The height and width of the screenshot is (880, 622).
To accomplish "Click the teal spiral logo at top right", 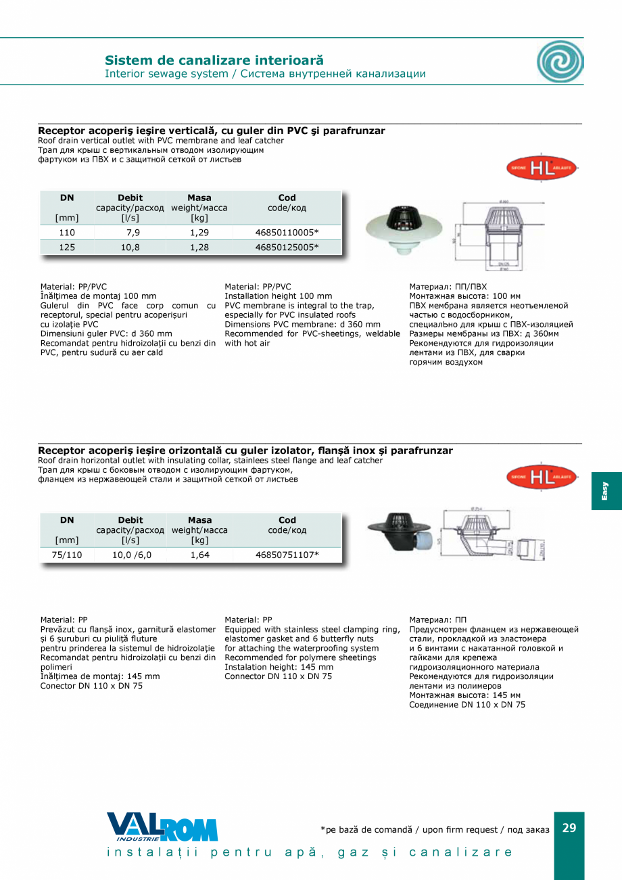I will click(x=560, y=61).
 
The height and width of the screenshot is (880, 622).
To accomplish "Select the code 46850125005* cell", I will click(x=287, y=248).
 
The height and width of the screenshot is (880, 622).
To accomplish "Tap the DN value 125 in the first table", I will click(x=67, y=248).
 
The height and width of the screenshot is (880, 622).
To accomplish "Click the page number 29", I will click(x=569, y=828).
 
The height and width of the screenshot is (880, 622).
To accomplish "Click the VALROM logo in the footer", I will click(x=162, y=827).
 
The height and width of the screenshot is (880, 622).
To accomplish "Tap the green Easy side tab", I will click(x=606, y=490).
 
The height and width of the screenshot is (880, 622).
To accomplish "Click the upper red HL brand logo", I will click(x=542, y=168).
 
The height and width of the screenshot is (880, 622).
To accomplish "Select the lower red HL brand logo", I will click(x=542, y=478).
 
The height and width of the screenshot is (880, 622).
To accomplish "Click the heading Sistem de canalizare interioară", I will click(x=214, y=61).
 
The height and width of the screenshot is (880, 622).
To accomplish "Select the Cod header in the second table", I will click(x=287, y=520).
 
